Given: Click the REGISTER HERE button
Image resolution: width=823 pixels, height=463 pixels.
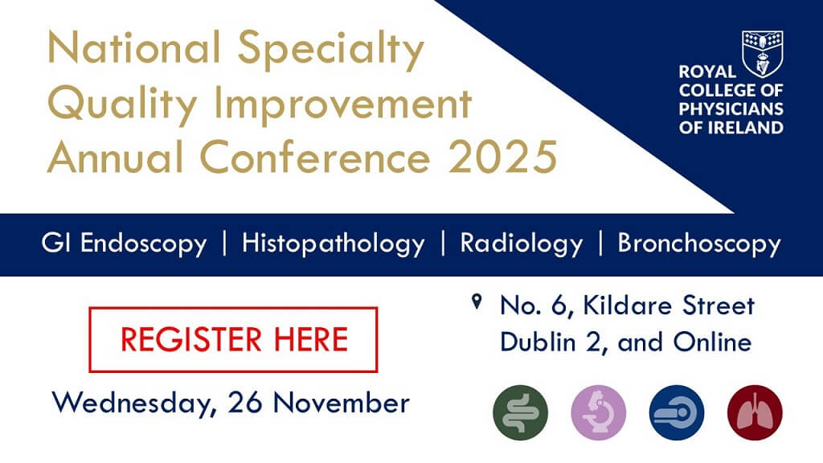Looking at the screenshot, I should pyautogui.click(x=233, y=339).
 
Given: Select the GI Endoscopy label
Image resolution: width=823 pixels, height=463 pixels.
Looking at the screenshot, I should pyautogui.click(x=124, y=244).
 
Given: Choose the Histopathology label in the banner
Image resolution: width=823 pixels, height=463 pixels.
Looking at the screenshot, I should pyautogui.click(x=333, y=244).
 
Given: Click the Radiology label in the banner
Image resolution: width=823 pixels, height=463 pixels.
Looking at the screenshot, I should pyautogui.click(x=521, y=244).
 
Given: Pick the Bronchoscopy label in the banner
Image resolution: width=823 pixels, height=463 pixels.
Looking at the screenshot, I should pyautogui.click(x=699, y=244).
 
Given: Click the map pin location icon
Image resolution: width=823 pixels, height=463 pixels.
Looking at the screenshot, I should pyautogui.click(x=477, y=303).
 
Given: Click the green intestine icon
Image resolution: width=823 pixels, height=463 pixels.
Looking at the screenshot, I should pyautogui.click(x=520, y=414).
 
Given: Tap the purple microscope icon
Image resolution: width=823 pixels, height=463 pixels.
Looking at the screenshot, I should pyautogui.click(x=599, y=414).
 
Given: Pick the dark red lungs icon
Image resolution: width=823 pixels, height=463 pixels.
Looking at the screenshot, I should pyautogui.click(x=754, y=414).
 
